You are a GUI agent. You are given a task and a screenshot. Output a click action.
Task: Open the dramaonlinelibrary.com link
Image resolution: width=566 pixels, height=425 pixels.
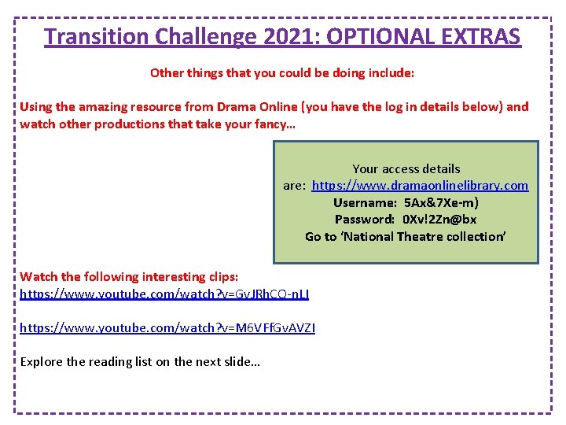pyautogui.click(x=420, y=186)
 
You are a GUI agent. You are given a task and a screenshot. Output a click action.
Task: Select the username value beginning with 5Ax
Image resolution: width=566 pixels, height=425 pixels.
pyautogui.click(x=441, y=202)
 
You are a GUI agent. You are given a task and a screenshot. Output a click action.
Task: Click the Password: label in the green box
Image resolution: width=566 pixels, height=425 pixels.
pyautogui.click(x=365, y=219)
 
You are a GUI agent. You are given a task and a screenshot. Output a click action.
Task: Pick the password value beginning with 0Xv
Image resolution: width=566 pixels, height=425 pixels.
pyautogui.click(x=439, y=219)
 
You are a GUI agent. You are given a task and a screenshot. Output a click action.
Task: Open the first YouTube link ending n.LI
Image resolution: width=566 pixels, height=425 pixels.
pyautogui.click(x=164, y=294)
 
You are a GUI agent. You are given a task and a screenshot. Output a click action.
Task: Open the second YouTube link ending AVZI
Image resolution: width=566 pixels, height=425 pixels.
pyautogui.click(x=167, y=327)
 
